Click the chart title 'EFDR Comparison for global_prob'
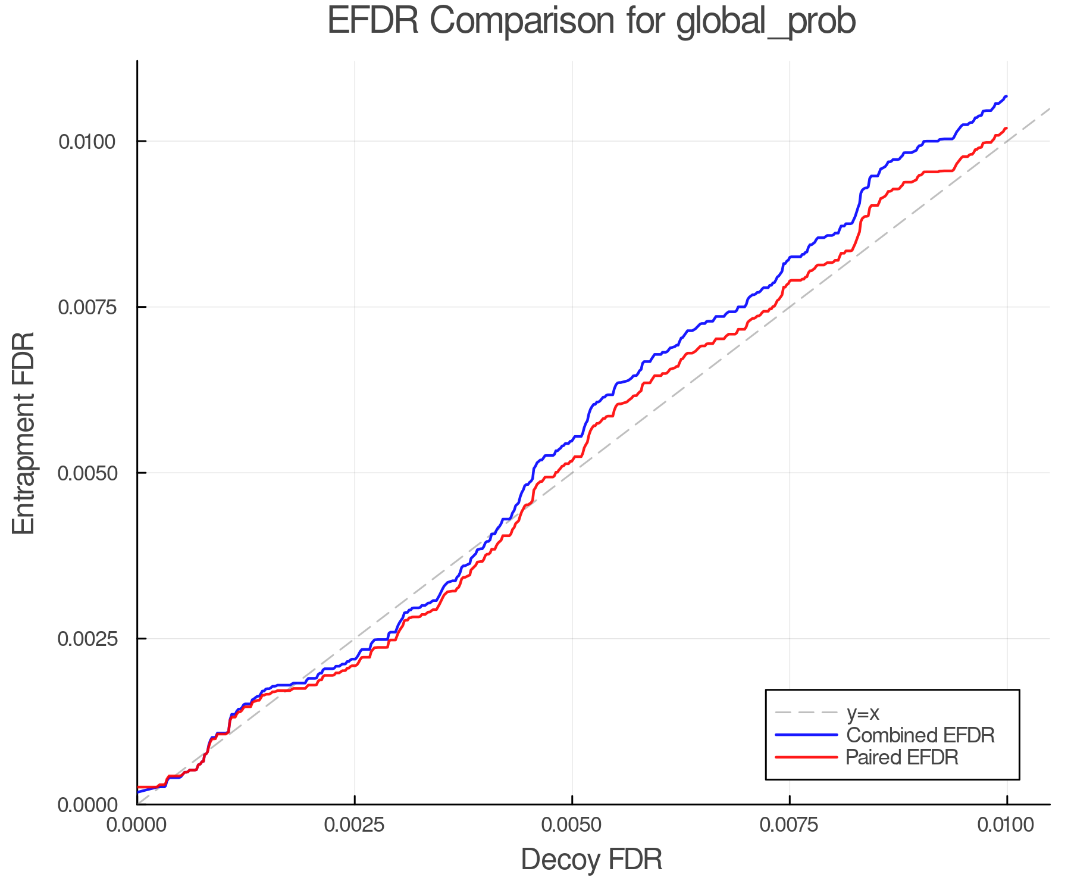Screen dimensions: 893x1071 591,21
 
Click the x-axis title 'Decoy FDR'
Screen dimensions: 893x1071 591,860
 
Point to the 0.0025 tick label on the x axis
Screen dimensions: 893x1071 355,825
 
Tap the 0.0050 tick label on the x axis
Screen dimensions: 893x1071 572,825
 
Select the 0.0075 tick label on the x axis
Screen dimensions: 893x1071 790,825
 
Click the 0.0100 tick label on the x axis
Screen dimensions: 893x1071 1007,825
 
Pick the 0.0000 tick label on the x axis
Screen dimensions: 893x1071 137,825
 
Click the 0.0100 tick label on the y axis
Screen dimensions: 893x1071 86,142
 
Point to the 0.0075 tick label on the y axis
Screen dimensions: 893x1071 86,307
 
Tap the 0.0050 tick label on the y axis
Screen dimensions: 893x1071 86,473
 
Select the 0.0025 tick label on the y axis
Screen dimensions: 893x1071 86,639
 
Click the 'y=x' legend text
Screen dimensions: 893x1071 862,713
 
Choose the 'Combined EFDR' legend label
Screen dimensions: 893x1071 920,735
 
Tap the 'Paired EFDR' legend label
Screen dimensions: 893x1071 902,757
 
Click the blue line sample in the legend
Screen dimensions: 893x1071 806,735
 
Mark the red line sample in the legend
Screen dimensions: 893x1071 806,757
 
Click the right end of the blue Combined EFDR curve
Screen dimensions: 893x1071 1006,96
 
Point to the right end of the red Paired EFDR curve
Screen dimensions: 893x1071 1006,129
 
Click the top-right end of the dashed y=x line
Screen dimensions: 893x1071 1049,109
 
